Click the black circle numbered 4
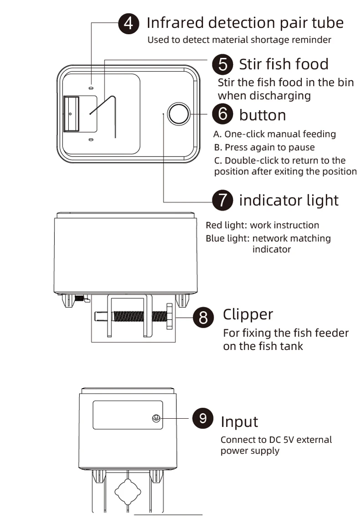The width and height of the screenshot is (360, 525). tap(129, 23)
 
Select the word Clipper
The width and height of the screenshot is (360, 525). tap(248, 314)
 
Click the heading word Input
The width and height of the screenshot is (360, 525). tap(239, 421)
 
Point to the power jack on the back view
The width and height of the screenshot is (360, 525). tap(156, 418)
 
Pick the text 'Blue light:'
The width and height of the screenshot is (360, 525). tap(227, 238)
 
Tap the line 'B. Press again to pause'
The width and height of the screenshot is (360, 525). tap(264, 147)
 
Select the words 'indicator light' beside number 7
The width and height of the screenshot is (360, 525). tap(289, 200)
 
